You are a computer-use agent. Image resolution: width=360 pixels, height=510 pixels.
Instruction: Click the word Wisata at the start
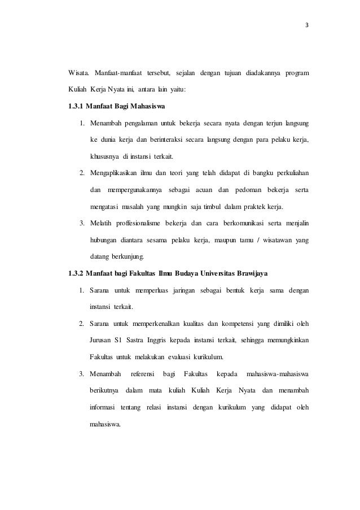click(x=78, y=73)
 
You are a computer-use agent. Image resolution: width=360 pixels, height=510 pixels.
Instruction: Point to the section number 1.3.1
click(x=77, y=106)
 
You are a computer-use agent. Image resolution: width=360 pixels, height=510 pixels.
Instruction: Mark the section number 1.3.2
click(x=77, y=274)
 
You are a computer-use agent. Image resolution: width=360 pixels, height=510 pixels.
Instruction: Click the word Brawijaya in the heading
click(x=249, y=274)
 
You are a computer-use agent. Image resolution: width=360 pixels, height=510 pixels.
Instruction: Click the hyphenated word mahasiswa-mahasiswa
click(x=275, y=374)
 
